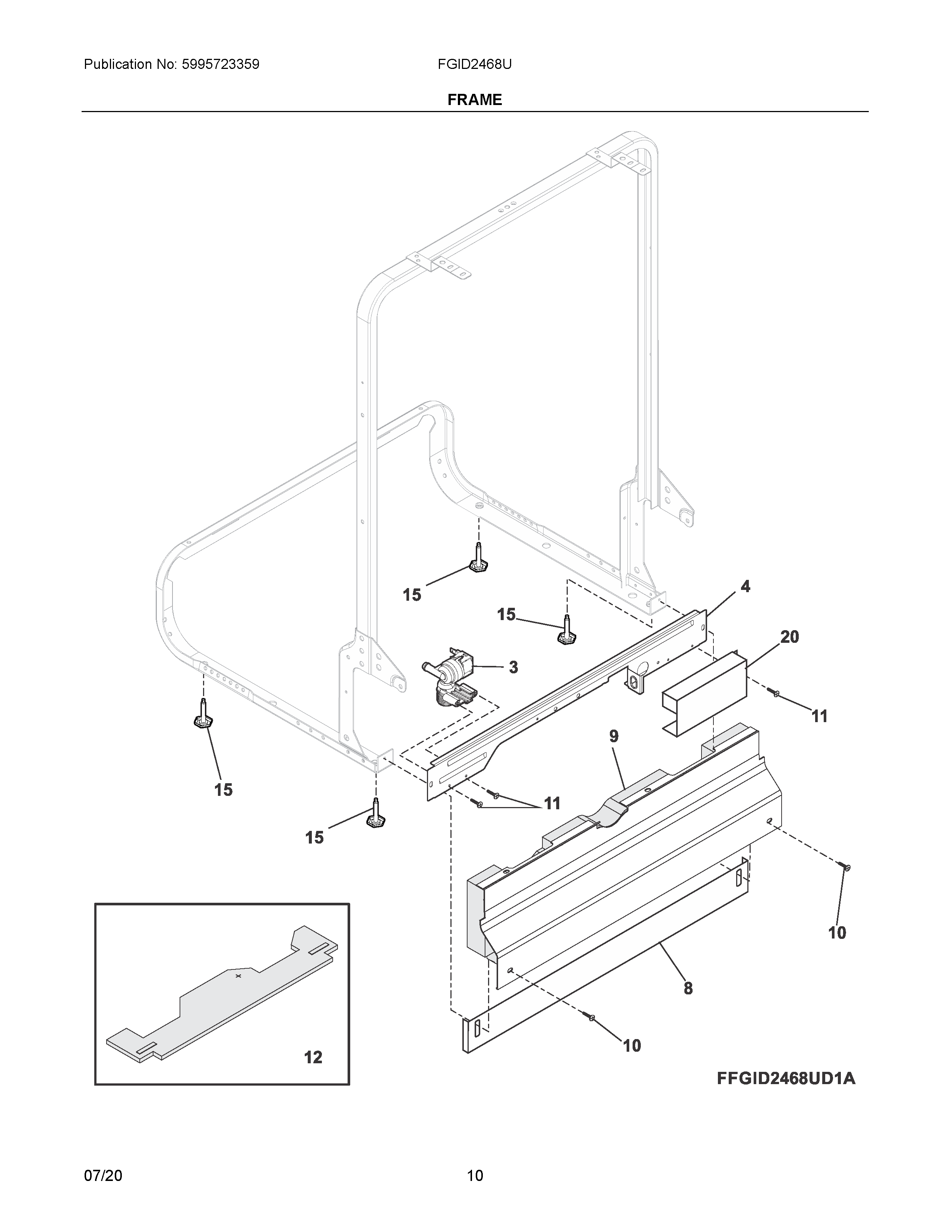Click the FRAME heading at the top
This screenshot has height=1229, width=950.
coord(474,99)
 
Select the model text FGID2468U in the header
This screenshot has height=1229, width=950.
coord(474,64)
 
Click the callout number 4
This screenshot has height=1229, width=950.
coord(745,586)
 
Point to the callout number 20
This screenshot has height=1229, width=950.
coord(789,637)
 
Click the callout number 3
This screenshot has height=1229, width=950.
coord(513,667)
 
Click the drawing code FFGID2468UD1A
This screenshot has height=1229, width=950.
coord(786,1079)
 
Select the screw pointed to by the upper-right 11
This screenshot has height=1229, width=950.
coord(775,694)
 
